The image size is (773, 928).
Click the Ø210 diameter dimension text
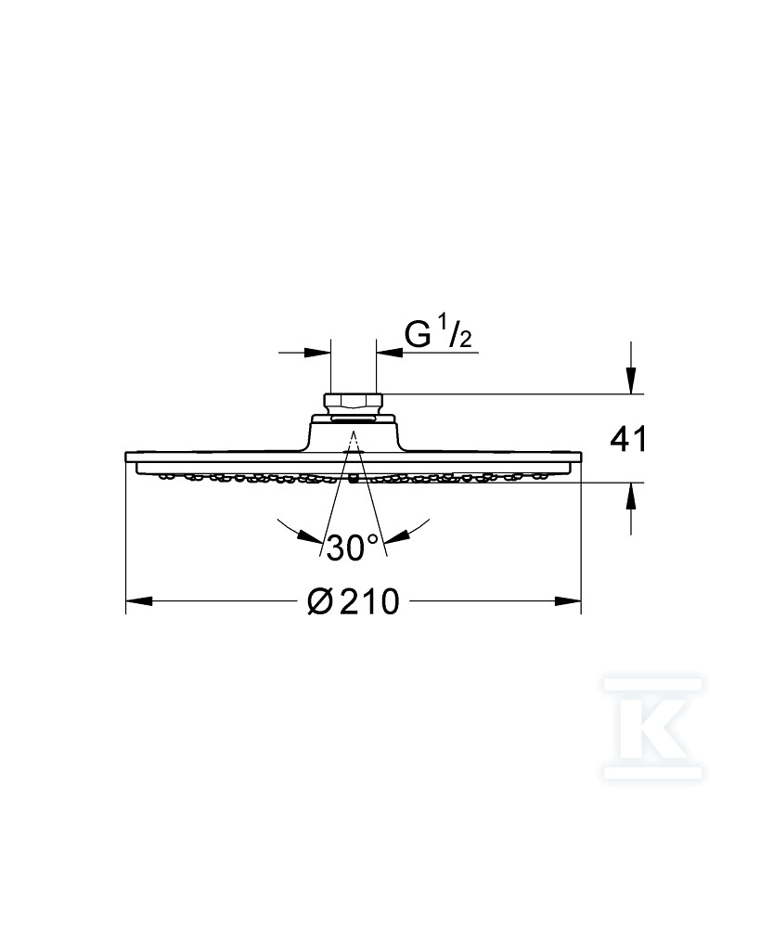pos(354,602)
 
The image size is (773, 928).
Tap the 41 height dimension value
pos(629,440)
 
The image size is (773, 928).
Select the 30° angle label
pos(353,548)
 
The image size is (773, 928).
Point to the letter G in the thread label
pos(417,336)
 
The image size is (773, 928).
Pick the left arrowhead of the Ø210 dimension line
pos(138,601)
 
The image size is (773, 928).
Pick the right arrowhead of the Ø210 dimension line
pos(568,601)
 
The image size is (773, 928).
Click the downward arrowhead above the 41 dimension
pos(632,380)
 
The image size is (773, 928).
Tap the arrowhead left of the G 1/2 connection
pos(317,353)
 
